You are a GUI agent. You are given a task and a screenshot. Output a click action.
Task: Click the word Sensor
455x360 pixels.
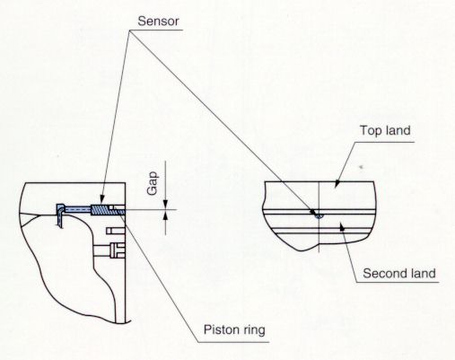(x=158, y=22)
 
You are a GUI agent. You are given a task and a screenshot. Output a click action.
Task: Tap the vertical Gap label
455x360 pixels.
(x=153, y=183)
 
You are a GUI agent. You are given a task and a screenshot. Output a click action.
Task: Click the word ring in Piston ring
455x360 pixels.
(x=254, y=330)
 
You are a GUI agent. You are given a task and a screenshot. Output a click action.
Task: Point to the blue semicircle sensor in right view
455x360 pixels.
(x=319, y=216)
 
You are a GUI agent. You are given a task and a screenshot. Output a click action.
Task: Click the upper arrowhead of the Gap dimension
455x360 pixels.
(x=165, y=205)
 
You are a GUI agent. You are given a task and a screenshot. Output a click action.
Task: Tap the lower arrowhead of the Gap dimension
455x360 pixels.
(x=165, y=215)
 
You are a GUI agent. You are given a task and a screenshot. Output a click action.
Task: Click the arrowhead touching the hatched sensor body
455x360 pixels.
(x=101, y=200)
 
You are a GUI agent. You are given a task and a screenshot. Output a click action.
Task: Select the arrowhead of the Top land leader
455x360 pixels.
(x=337, y=183)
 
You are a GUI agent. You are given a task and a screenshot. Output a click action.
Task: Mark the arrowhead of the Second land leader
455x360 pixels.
(x=343, y=228)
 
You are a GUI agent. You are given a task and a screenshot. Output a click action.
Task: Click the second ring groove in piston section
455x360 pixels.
(x=116, y=231)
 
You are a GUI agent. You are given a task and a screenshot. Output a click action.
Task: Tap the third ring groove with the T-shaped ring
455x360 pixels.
(x=118, y=250)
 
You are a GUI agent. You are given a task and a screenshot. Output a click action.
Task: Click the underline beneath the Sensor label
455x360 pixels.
(x=155, y=30)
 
